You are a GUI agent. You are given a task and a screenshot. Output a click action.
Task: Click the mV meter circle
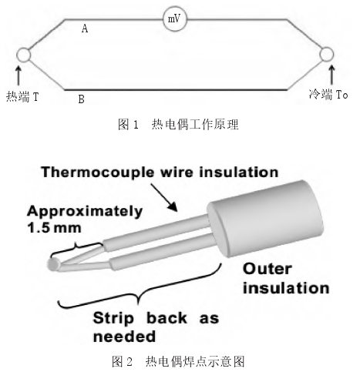coord(175,19)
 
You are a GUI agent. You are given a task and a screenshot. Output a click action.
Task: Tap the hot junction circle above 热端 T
coord(24,55)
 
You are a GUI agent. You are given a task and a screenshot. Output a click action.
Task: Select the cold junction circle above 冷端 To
coord(327,55)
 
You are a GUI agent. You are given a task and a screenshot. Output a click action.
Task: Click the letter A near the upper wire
coord(85,28)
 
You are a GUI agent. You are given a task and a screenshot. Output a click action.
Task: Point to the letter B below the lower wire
coord(81,99)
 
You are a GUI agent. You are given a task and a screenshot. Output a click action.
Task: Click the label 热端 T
coord(22,97)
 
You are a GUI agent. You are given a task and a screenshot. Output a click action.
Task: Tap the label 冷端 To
coord(328,95)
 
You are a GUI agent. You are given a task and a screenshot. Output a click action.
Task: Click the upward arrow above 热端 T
coord(19,75)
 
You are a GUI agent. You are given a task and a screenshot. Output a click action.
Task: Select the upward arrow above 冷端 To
coord(332,75)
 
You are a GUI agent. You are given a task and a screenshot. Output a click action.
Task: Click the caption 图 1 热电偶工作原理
coord(178,125)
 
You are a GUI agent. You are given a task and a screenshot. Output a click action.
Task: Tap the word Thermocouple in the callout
coord(99,173)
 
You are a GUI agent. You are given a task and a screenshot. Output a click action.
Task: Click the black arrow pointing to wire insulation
coord(164,197)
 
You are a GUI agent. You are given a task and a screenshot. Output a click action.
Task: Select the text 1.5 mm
coord(54,228)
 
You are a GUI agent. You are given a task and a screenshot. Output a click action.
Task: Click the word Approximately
coord(85,212)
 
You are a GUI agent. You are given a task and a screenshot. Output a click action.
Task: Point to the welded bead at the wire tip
coord(54,265)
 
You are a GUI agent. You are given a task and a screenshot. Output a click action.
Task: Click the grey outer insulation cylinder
coord(265,219)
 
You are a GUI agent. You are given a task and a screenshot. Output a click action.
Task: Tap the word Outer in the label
coord(267,269)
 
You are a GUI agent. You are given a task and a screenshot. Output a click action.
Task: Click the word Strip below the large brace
coord(113,319)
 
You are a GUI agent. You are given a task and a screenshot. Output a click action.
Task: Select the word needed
coord(124,337)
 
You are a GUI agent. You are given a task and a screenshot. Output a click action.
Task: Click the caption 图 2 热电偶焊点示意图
coord(178,362)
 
